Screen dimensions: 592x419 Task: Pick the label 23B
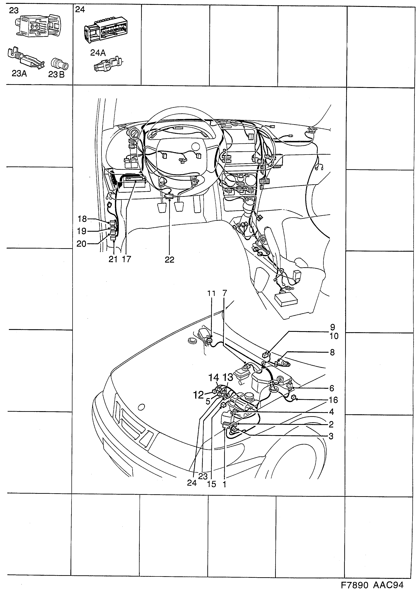pyautogui.click(x=56, y=74)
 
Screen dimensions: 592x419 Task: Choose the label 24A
pyautogui.click(x=98, y=53)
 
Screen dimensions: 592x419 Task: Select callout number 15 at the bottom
pyautogui.click(x=211, y=484)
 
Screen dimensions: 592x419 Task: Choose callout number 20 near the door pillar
pyautogui.click(x=81, y=243)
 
